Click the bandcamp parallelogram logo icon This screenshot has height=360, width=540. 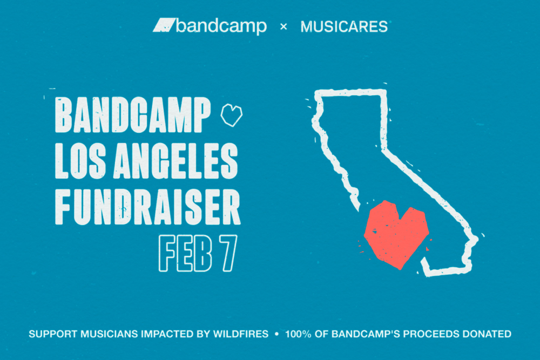pyautogui.click(x=164, y=25)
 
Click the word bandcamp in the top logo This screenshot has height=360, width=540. pyautogui.click(x=221, y=26)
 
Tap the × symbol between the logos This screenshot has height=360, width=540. pyautogui.click(x=283, y=26)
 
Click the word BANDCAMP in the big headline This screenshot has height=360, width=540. pyautogui.click(x=133, y=115)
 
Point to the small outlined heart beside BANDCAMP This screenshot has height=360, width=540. pyautogui.click(x=232, y=115)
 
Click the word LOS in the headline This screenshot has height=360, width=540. pyautogui.click(x=80, y=161)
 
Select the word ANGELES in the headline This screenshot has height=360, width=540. pyautogui.click(x=175, y=161)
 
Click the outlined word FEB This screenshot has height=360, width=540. pyautogui.click(x=185, y=253)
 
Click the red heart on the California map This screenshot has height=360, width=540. pyautogui.click(x=396, y=234)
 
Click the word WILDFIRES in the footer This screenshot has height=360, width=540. pyautogui.click(x=241, y=334)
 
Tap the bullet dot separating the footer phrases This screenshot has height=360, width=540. pyautogui.click(x=276, y=334)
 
